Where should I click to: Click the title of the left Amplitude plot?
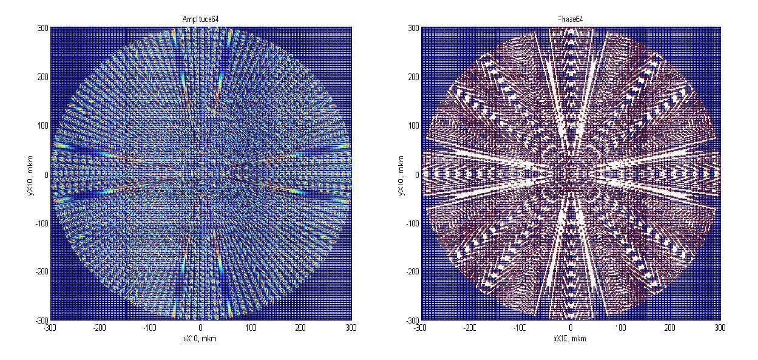point(201,20)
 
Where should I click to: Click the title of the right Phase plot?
point(570,20)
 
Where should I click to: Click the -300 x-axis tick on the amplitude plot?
point(50,328)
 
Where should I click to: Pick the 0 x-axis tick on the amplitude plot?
point(201,328)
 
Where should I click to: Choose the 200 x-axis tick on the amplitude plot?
point(300,328)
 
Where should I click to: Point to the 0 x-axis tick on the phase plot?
point(570,328)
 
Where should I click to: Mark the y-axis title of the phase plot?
point(400,174)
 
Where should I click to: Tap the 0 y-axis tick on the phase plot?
point(416,175)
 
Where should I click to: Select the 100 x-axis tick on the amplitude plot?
point(251,328)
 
